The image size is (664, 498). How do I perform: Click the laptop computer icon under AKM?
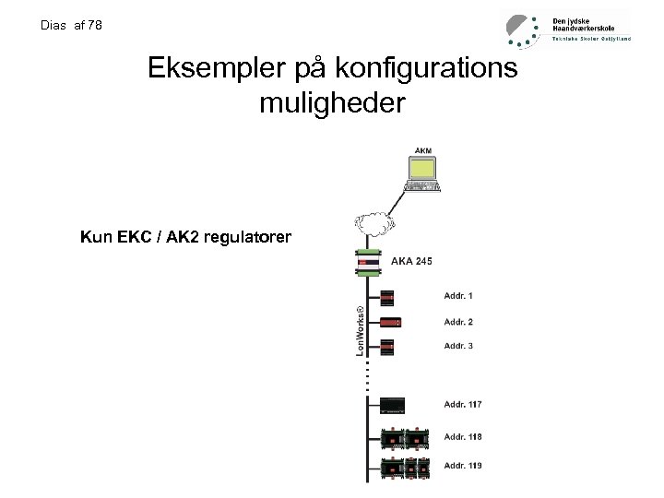(423, 175)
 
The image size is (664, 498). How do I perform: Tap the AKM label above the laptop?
(423, 150)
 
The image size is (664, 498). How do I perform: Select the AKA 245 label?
(412, 262)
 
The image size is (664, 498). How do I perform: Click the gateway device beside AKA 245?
(370, 263)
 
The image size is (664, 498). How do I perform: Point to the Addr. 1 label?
(458, 296)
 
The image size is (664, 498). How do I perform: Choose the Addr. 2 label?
(458, 322)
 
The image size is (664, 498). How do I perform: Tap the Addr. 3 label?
(458, 346)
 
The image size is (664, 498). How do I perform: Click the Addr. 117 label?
(463, 404)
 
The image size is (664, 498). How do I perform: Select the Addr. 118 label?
(463, 436)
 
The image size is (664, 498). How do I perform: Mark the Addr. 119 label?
(463, 466)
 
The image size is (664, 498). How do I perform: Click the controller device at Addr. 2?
(388, 322)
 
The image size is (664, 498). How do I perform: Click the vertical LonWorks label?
(360, 328)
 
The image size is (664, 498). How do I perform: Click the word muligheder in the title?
(332, 102)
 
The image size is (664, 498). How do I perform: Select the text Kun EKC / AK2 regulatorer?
(185, 238)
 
